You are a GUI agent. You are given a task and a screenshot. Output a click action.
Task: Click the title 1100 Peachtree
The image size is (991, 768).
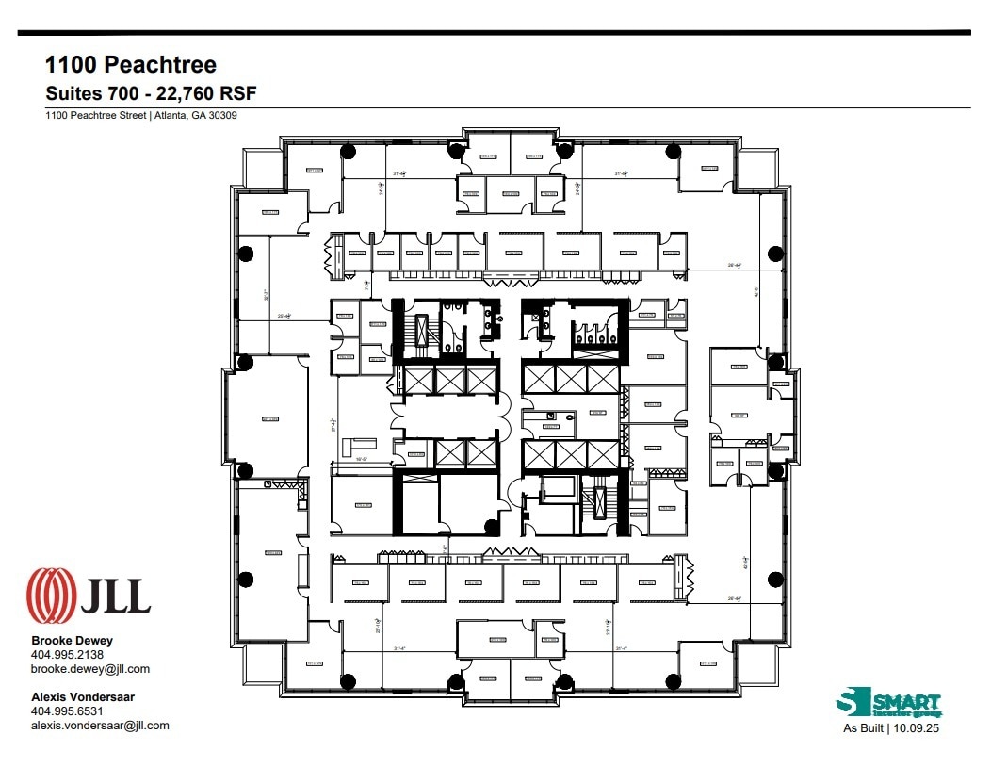[131, 64]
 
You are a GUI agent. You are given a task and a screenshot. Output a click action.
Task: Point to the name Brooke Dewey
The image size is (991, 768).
[73, 641]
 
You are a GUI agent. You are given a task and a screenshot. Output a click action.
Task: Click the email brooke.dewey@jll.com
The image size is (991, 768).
[90, 669]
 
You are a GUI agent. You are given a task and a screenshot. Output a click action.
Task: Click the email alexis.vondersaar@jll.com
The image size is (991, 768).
[100, 726]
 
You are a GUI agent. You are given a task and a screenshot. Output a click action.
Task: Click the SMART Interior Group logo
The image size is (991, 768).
[888, 704]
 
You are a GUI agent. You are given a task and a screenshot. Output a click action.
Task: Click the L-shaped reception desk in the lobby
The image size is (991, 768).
[359, 445]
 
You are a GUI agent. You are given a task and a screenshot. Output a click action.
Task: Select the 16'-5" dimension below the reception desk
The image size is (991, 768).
[361, 460]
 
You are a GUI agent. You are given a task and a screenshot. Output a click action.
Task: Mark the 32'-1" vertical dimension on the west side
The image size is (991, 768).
[268, 294]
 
